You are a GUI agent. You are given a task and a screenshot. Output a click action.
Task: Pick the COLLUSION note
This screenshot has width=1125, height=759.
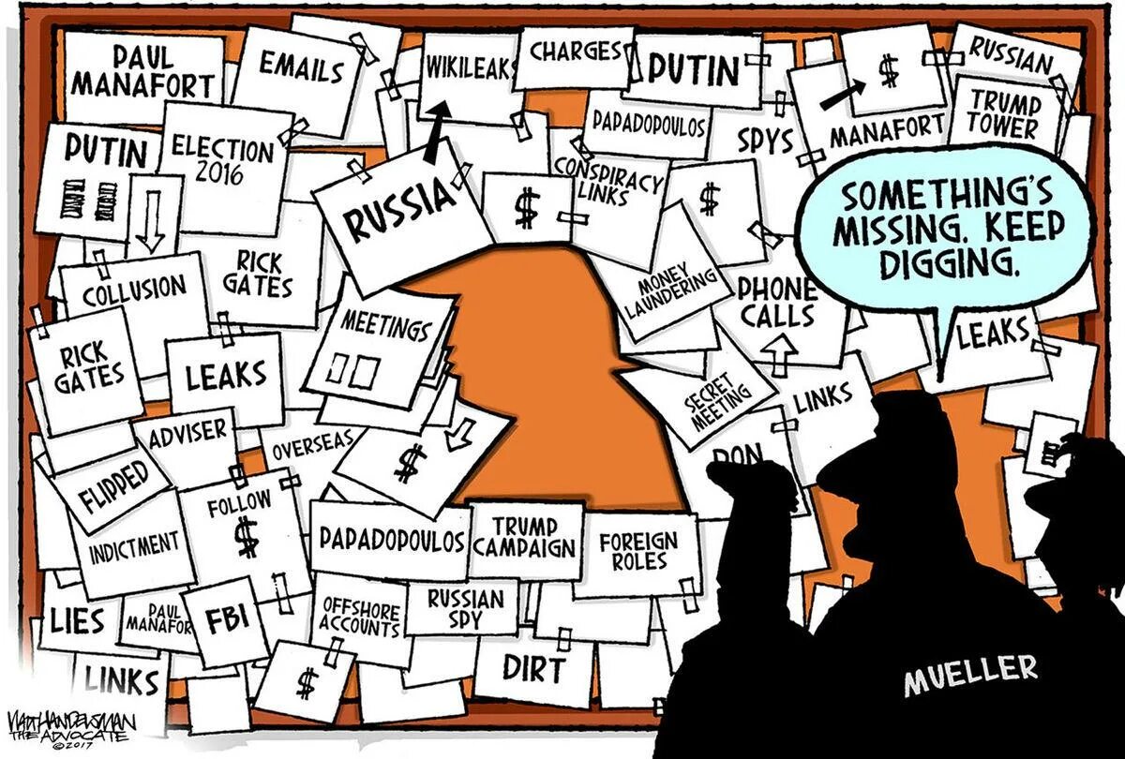click(x=134, y=290)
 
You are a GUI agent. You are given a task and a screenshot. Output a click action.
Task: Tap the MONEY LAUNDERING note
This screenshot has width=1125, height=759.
click(x=669, y=291)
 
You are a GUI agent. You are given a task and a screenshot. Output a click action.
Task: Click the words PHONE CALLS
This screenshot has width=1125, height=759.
click(x=777, y=303)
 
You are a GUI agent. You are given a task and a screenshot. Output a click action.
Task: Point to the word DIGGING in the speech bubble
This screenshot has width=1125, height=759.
click(x=948, y=264)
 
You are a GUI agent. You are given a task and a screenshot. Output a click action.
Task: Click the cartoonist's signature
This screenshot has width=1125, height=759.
click(x=70, y=726)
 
